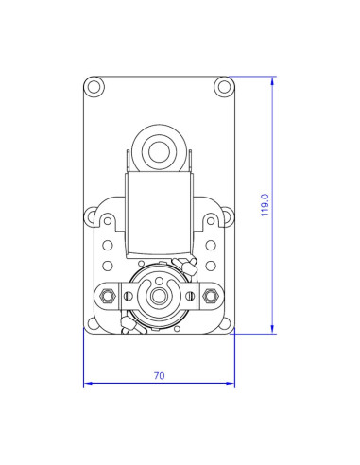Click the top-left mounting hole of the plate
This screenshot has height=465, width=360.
pyautogui.click(x=94, y=87)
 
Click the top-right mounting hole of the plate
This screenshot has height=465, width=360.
pyautogui.click(x=224, y=87)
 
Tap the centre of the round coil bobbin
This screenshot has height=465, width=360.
pyautogui.click(x=159, y=148)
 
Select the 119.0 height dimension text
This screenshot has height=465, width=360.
pyautogui.click(x=266, y=205)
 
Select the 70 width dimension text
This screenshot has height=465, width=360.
pyautogui.click(x=159, y=375)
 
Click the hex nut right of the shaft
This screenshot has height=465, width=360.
pyautogui.click(x=209, y=297)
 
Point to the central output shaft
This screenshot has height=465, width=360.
pyautogui.click(x=159, y=297)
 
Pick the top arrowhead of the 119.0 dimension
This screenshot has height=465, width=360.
pyautogui.click(x=273, y=81)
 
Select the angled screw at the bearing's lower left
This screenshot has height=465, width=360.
pyautogui.click(x=129, y=328)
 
